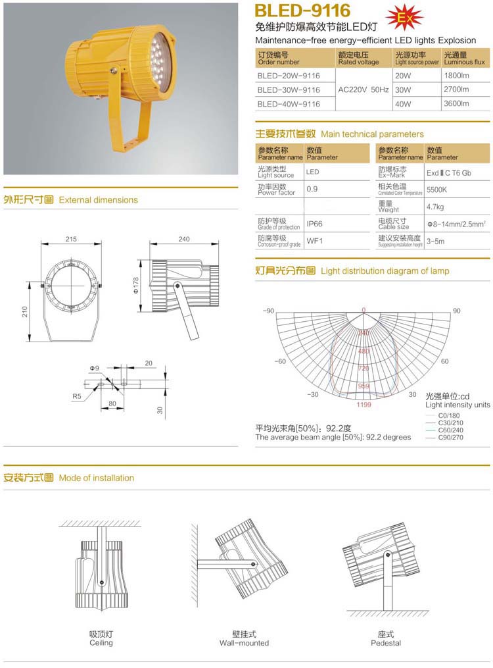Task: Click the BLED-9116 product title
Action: pos(302,11)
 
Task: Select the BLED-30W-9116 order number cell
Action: pos(289,90)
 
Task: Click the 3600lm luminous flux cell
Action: pos(456,103)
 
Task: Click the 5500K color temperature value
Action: pos(437,190)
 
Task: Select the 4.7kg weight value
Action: pos(435,207)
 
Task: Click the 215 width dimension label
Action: pos(72,239)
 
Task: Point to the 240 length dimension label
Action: pos(185,239)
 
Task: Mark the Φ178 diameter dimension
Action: pos(135,284)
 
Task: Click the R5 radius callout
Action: pos(78,396)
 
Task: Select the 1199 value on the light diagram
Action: pos(364,405)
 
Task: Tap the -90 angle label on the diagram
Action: pos(268,311)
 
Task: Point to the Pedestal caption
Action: pos(385,642)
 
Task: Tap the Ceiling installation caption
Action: pos(101,642)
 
